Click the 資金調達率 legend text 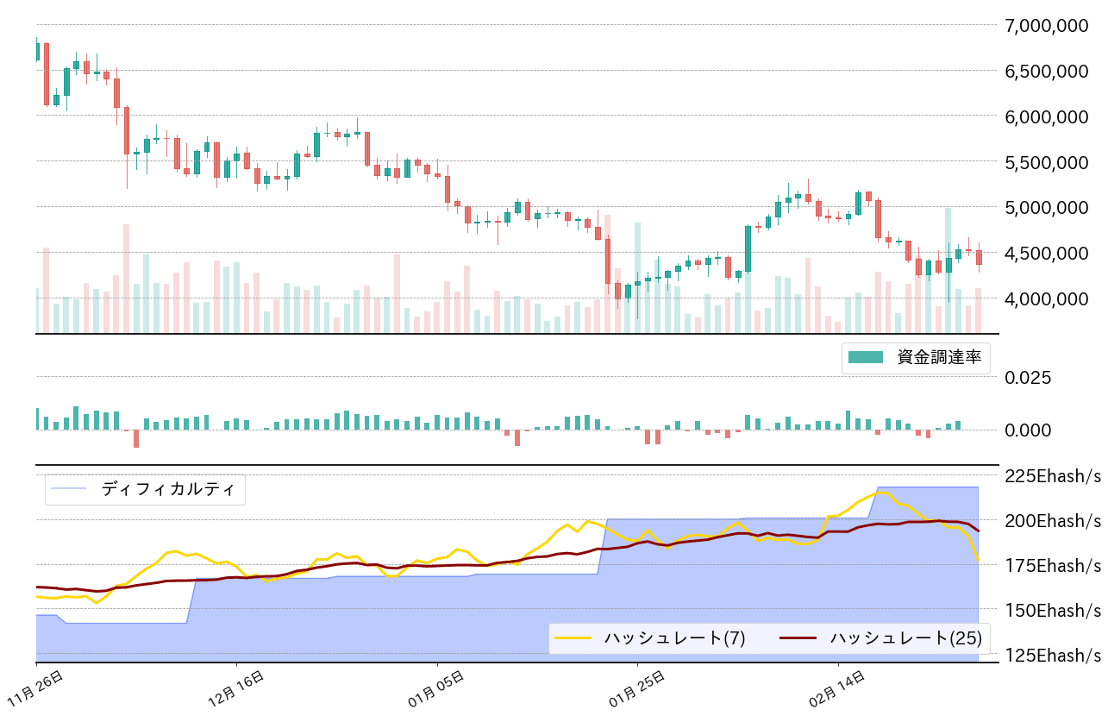[939, 358]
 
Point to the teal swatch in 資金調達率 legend [866, 358]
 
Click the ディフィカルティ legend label [167, 489]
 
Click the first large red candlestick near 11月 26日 [47, 73]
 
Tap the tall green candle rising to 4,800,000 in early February [748, 248]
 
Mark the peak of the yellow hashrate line [883, 492]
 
